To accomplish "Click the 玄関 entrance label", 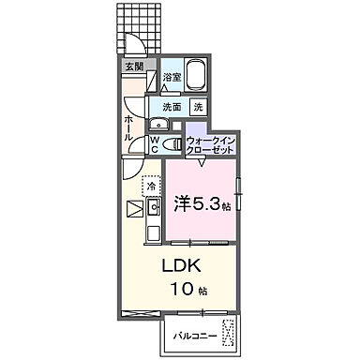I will (135, 67).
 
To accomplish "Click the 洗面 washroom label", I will (172, 108).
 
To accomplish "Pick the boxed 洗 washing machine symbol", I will (198, 108).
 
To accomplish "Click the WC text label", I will (155, 142).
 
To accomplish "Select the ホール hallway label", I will (130, 127).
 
